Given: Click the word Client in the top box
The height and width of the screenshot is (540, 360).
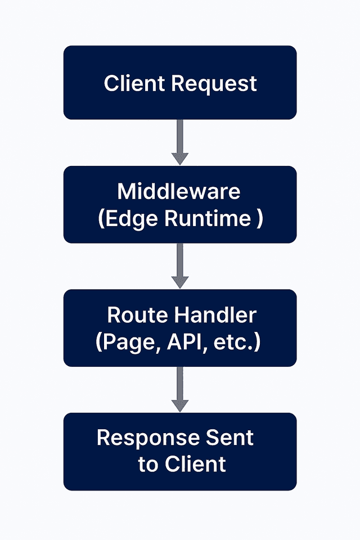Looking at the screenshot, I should click(x=135, y=83).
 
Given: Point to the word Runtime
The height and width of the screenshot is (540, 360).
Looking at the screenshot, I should click(x=208, y=218).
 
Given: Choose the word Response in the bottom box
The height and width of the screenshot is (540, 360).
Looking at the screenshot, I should click(x=148, y=438).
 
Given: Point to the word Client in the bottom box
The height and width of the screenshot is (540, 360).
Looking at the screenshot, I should click(x=195, y=464).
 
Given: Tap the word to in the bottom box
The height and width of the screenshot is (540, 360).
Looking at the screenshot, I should click(x=148, y=465).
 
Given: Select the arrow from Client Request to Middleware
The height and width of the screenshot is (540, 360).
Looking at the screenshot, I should click(x=179, y=141).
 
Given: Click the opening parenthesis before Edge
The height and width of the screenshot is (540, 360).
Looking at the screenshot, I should click(x=101, y=219).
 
